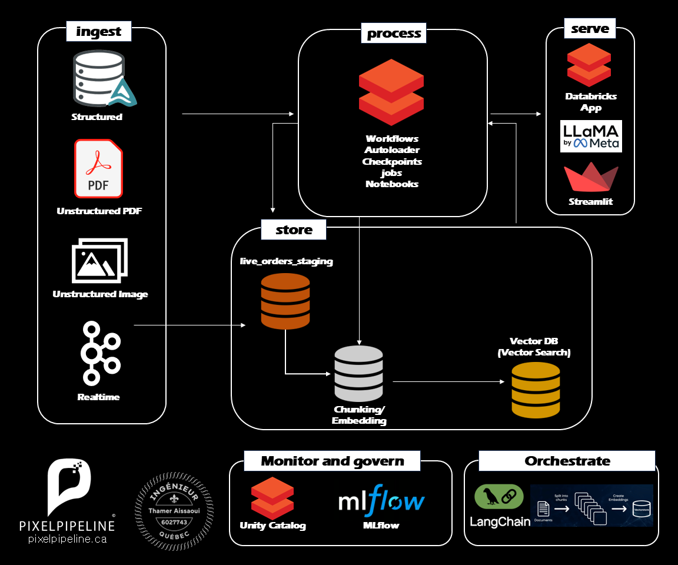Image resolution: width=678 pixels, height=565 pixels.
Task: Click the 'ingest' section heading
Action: (98, 31)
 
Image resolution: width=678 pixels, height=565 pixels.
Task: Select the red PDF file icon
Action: (98, 168)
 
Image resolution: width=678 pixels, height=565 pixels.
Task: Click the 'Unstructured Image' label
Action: (100, 294)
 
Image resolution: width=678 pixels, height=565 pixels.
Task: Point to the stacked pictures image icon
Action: (99, 260)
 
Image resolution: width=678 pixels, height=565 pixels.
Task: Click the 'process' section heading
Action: (394, 34)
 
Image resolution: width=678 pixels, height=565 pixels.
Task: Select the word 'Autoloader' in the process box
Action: (392, 150)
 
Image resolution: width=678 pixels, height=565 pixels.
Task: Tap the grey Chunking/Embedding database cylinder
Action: (358, 374)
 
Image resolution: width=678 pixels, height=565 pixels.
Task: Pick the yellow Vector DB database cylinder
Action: (536, 390)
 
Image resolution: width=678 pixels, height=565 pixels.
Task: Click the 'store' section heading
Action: (294, 230)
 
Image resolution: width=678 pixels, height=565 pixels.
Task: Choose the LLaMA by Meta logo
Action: (591, 137)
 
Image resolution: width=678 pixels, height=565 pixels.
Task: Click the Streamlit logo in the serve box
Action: (591, 178)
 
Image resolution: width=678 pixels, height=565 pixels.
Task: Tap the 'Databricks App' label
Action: (591, 102)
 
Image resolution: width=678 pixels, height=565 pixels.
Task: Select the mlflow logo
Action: (381, 500)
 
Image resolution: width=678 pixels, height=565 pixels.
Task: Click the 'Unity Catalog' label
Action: (272, 525)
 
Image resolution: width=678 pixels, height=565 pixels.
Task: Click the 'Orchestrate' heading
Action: (567, 461)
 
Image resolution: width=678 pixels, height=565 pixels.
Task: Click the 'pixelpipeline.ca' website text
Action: (68, 539)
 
